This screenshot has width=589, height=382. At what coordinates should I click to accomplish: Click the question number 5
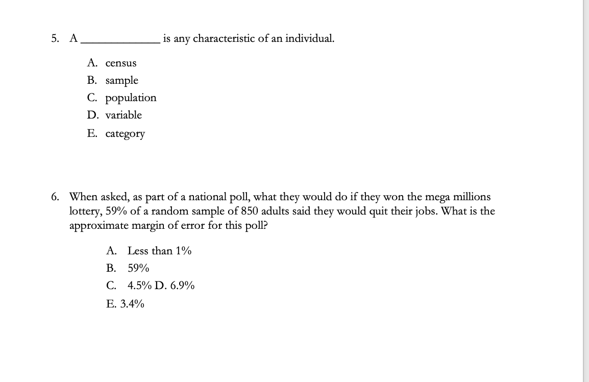pos(54,38)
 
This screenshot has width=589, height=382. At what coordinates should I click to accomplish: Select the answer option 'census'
pos(121,63)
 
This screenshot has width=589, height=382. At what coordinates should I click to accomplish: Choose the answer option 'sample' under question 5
pos(121,81)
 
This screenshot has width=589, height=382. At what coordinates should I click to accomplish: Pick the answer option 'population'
pos(131,98)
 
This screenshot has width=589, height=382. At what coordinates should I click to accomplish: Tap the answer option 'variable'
pos(124,115)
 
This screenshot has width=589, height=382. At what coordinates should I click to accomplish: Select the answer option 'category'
pos(125,134)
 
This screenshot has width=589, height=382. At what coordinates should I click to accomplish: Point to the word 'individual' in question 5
pos(309,38)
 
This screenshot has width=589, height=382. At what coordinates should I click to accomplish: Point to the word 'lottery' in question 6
pos(85,211)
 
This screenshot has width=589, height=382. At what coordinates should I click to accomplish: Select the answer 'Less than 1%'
pos(159,251)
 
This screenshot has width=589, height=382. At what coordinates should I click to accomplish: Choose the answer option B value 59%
pos(138,268)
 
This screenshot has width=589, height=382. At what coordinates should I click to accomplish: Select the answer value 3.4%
pos(132,304)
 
